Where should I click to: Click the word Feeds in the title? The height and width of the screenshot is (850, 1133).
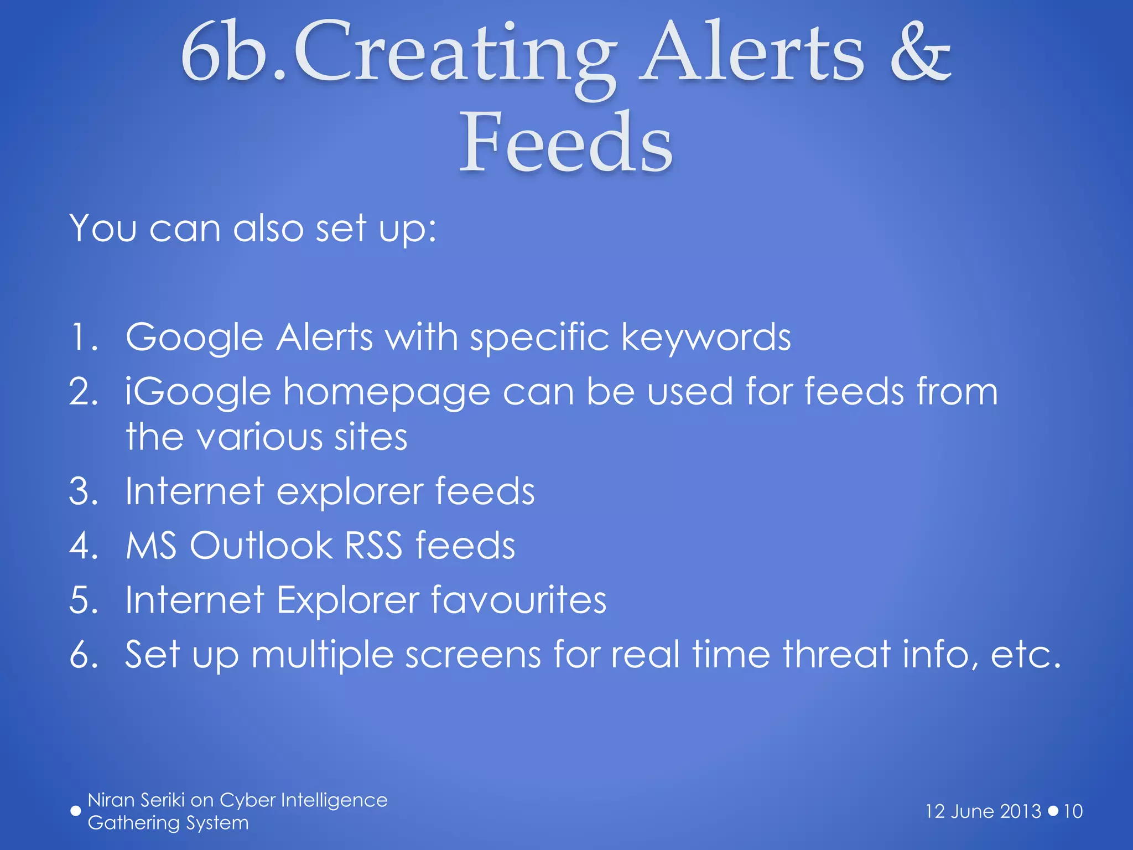[x=566, y=143]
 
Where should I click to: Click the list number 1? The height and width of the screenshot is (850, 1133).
[x=83, y=337]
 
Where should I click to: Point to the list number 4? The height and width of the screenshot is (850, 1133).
[x=83, y=546]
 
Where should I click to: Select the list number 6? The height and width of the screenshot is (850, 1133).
[x=83, y=655]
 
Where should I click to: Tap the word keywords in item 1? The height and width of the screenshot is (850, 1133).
[x=706, y=338]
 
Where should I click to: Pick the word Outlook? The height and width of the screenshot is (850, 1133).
[x=260, y=546]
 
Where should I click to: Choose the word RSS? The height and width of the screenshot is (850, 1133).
[x=373, y=546]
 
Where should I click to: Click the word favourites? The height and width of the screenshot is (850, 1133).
[x=518, y=600]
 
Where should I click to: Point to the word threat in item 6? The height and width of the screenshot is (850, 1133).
[x=836, y=654]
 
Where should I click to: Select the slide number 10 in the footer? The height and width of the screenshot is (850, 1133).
[x=1073, y=811]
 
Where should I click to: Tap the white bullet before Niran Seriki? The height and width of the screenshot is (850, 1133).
[x=76, y=811]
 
